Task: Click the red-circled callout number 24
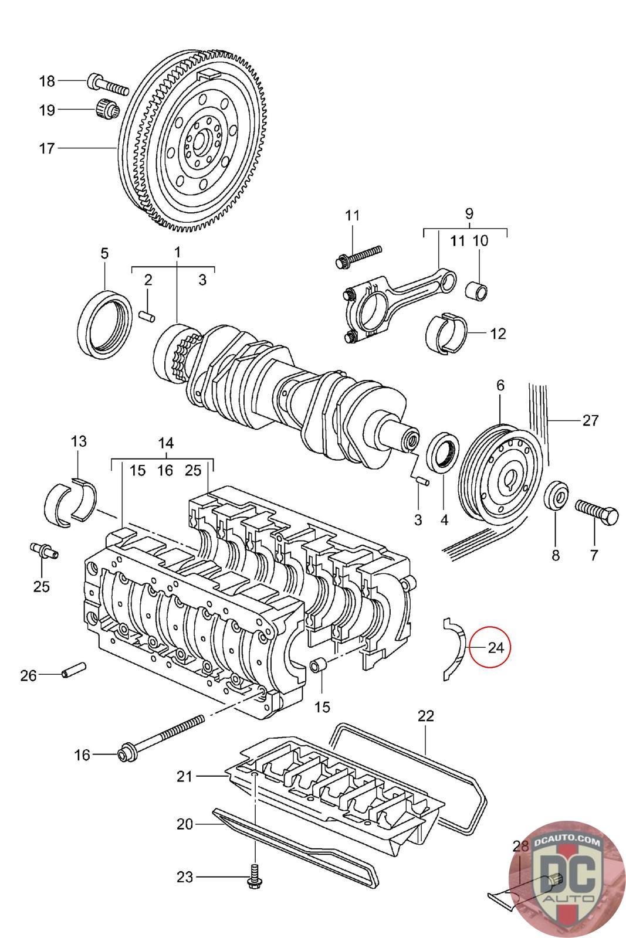pyautogui.click(x=496, y=647)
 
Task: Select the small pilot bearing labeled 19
pyautogui.click(x=108, y=111)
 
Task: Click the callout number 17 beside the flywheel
pyautogui.click(x=47, y=148)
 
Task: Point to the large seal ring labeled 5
pyautogui.click(x=106, y=323)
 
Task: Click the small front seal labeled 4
pyautogui.click(x=442, y=453)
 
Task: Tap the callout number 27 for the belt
pyautogui.click(x=590, y=420)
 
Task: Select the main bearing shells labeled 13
pyautogui.click(x=70, y=501)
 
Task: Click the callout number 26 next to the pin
pyautogui.click(x=29, y=675)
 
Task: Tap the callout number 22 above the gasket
pyautogui.click(x=426, y=716)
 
